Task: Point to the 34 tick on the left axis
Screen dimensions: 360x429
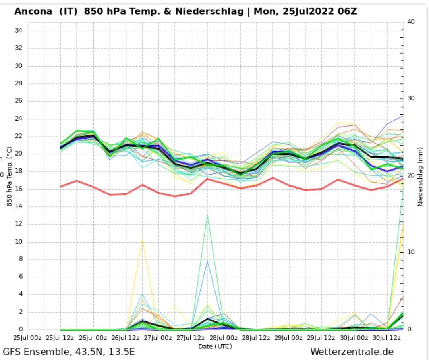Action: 19,31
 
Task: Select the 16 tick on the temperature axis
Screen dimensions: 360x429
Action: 19,189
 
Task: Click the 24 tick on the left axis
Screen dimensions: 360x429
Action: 19,119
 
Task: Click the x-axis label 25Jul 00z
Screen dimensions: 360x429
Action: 27,338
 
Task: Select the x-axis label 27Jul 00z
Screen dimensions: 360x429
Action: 158,338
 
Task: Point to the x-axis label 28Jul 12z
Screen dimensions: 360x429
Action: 256,338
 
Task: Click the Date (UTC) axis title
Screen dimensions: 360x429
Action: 215,346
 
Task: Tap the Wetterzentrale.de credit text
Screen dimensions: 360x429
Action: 352,352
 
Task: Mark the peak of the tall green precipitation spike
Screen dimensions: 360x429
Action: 207,215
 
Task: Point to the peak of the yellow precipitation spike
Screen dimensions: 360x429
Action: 142,240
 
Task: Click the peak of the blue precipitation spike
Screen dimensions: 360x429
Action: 207,261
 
